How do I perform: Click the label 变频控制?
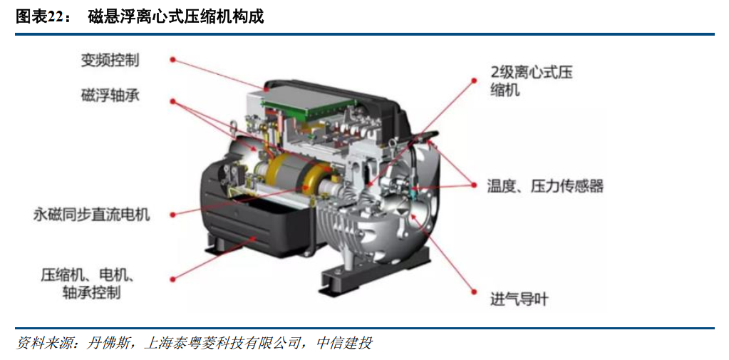110,60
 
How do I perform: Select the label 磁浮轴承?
110,96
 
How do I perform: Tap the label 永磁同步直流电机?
92,215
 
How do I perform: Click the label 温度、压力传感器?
545,186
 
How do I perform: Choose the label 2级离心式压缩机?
531,81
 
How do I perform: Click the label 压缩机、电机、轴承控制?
88,284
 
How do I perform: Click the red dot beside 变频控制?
172,60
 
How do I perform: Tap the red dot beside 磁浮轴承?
172,101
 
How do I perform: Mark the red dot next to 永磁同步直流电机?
172,215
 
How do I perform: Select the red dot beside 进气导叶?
474,291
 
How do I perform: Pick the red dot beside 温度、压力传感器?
474,185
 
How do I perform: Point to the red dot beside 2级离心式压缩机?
474,81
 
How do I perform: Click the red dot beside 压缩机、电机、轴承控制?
172,279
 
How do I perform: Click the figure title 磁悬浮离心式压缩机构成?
176,17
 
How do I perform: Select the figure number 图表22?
38,17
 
